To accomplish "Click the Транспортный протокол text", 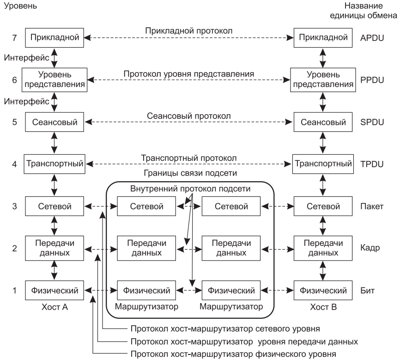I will [x=189, y=158].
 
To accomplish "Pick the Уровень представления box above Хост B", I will [x=316, y=79].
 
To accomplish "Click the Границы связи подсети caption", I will [x=189, y=174].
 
